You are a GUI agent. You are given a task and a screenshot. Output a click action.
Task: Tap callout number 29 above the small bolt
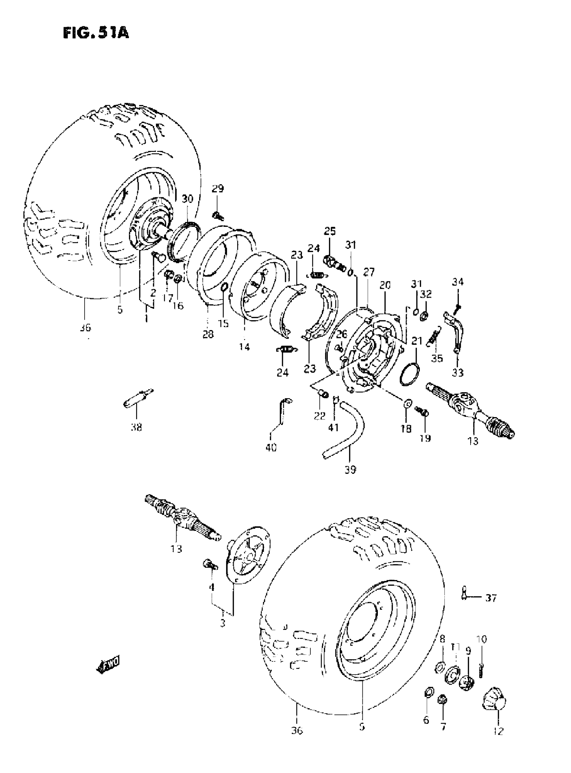tap(218, 189)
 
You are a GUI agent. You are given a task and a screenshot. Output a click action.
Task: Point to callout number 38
tap(136, 428)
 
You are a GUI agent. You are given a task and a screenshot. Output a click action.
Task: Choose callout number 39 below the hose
tap(350, 470)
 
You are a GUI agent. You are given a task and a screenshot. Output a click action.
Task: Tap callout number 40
tap(271, 448)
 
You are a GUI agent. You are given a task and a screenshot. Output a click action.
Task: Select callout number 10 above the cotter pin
tap(482, 639)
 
